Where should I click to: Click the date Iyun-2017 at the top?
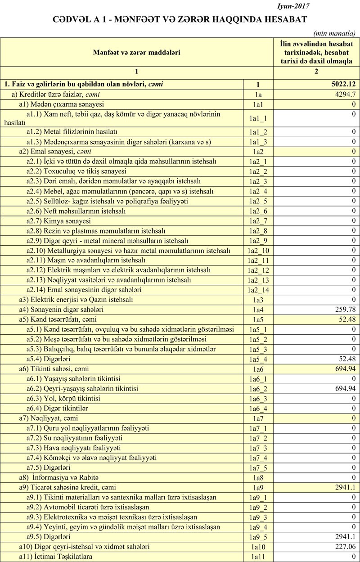[x=294, y=6]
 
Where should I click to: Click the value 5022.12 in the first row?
[x=343, y=84]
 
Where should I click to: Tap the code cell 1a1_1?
[x=258, y=118]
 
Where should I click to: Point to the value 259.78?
[x=345, y=310]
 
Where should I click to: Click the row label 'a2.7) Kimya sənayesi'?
[x=58, y=221]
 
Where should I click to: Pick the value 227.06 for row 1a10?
[x=345, y=547]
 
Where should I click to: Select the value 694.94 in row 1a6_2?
[x=345, y=388]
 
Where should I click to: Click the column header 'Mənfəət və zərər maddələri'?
[x=137, y=53]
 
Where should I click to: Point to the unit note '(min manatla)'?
[x=333, y=34]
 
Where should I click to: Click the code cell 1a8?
[x=258, y=477]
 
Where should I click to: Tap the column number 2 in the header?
[x=316, y=72]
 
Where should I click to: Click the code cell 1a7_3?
[x=258, y=448]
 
